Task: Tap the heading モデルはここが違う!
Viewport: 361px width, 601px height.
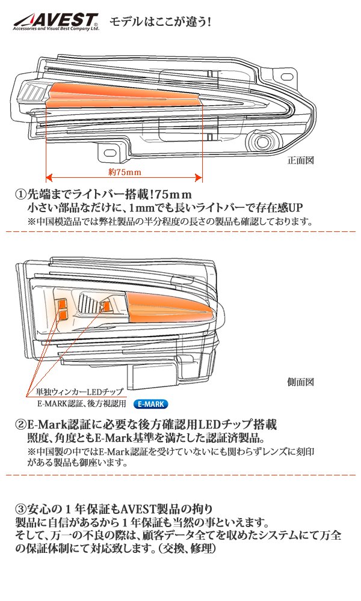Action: [x=159, y=23]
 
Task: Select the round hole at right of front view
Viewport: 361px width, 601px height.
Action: [x=262, y=142]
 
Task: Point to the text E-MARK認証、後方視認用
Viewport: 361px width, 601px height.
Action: [x=82, y=404]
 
